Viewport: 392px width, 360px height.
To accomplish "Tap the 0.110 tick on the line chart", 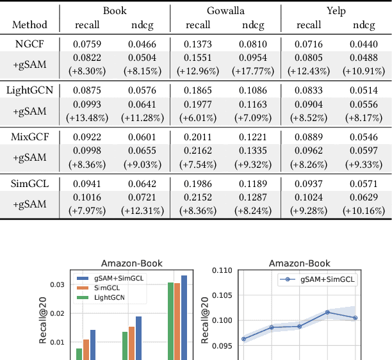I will [225, 270].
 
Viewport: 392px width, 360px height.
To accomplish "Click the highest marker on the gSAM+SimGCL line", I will [327, 312].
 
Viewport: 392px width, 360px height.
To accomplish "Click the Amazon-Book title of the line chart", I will [299, 263].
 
